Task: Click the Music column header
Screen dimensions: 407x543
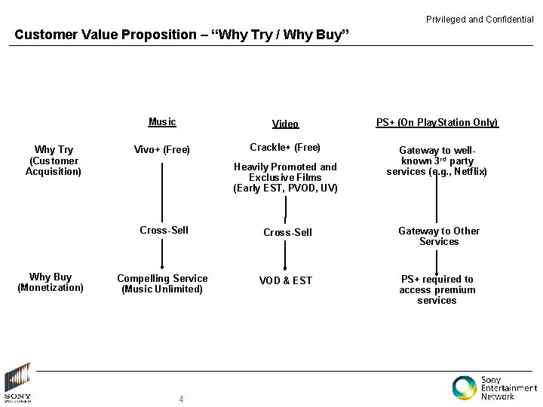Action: tap(162, 121)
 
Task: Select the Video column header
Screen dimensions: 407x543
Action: tap(285, 124)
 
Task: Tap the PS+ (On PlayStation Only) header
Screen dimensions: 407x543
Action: tap(437, 122)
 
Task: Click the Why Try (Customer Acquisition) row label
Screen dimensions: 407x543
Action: tap(53, 161)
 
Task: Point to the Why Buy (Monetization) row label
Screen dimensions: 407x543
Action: tap(51, 282)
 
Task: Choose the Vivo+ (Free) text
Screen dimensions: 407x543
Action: tap(162, 149)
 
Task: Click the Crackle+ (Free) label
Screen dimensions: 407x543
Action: tap(285, 147)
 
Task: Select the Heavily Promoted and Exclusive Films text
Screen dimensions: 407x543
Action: tap(285, 177)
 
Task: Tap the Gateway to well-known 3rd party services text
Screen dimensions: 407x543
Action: tap(437, 161)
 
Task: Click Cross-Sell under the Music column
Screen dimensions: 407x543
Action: tap(164, 230)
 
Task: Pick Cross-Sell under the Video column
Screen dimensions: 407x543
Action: tap(287, 232)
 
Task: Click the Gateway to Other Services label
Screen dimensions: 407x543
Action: tap(439, 236)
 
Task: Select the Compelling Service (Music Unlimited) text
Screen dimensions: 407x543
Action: tap(162, 283)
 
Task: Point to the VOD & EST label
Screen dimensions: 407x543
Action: tap(285, 280)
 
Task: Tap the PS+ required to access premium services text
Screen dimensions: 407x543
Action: tap(437, 289)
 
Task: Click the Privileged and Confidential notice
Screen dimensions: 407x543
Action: tap(480, 19)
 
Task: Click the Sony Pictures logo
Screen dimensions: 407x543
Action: tap(17, 383)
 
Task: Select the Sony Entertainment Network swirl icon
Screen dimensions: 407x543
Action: tap(464, 387)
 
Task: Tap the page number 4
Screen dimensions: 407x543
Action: tap(181, 399)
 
